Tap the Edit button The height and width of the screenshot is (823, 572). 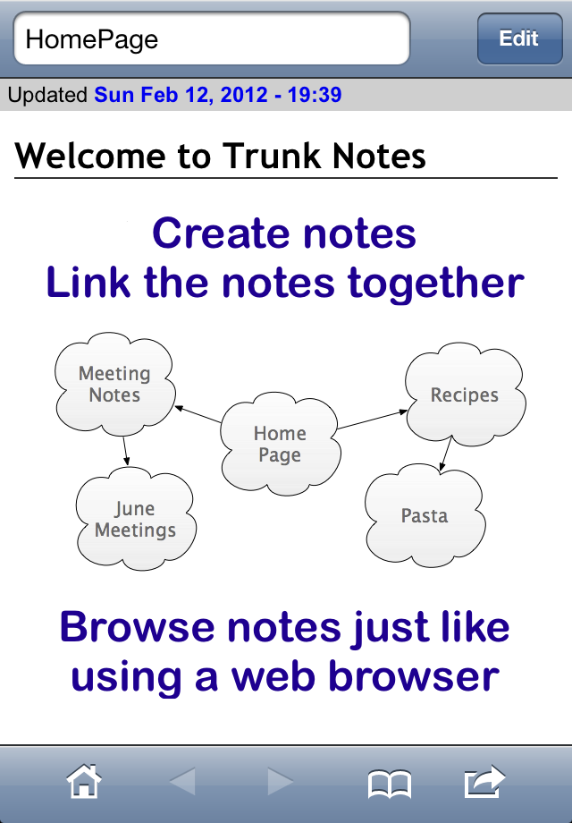tap(519, 38)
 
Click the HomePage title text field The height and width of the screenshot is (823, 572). tap(211, 38)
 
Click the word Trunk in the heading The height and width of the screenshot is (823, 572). tap(271, 156)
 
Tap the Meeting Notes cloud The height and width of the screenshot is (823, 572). tap(114, 384)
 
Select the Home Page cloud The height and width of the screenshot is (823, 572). tap(280, 444)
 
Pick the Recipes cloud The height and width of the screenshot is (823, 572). tap(465, 395)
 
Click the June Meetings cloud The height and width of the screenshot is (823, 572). tap(136, 519)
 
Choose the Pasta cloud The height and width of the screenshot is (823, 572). tap(425, 515)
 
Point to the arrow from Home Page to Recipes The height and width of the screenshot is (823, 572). tap(372, 420)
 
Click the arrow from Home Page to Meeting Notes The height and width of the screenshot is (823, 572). tap(198, 414)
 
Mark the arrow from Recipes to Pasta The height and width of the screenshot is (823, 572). tap(445, 454)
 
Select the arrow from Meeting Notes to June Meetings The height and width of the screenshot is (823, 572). tap(126, 451)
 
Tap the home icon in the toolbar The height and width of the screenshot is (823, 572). tap(84, 782)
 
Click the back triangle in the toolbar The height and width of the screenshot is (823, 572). tap(183, 782)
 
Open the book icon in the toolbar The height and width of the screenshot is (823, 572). tap(390, 784)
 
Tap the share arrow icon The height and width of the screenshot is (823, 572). tap(485, 782)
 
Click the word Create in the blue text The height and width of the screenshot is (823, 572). tap(223, 233)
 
